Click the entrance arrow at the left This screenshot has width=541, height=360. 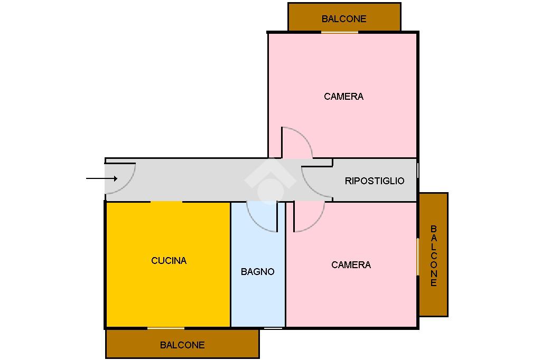[x=101, y=178]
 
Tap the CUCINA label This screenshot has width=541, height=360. [x=169, y=260]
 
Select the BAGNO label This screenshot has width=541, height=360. [x=257, y=272]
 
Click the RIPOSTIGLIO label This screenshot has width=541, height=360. [x=375, y=181]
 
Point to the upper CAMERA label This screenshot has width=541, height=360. [x=343, y=97]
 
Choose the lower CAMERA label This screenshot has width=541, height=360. [x=351, y=265]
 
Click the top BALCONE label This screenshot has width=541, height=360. [x=344, y=19]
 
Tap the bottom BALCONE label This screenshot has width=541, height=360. [x=182, y=345]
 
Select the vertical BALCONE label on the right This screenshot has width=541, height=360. [x=434, y=255]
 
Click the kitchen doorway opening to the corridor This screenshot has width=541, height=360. [x=166, y=202]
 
